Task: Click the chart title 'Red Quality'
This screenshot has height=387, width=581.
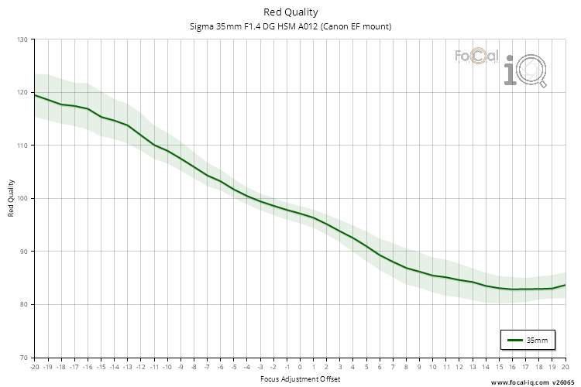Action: pyautogui.click(x=290, y=12)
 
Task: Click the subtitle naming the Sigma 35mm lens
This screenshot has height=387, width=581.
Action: pyautogui.click(x=290, y=26)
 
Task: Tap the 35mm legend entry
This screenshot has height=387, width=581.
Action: pyautogui.click(x=529, y=340)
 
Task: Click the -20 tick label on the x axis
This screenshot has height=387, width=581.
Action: pyautogui.click(x=34, y=367)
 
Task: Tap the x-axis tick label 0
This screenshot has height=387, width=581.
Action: pyautogui.click(x=300, y=367)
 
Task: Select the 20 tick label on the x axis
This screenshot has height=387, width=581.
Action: pyautogui.click(x=565, y=367)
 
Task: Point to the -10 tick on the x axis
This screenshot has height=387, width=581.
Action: pyautogui.click(x=167, y=367)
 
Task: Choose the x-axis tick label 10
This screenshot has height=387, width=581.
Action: pyautogui.click(x=432, y=367)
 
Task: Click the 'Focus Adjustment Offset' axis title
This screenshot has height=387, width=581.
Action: pyautogui.click(x=299, y=378)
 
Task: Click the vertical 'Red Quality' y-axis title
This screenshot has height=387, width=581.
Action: pyautogui.click(x=11, y=198)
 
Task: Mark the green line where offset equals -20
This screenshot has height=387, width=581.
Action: pyautogui.click(x=35, y=94)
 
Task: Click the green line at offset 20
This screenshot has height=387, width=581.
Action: pyautogui.click(x=564, y=286)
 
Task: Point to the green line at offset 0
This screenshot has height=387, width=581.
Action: pyautogui.click(x=300, y=212)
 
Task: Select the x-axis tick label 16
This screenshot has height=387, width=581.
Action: pyautogui.click(x=512, y=367)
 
